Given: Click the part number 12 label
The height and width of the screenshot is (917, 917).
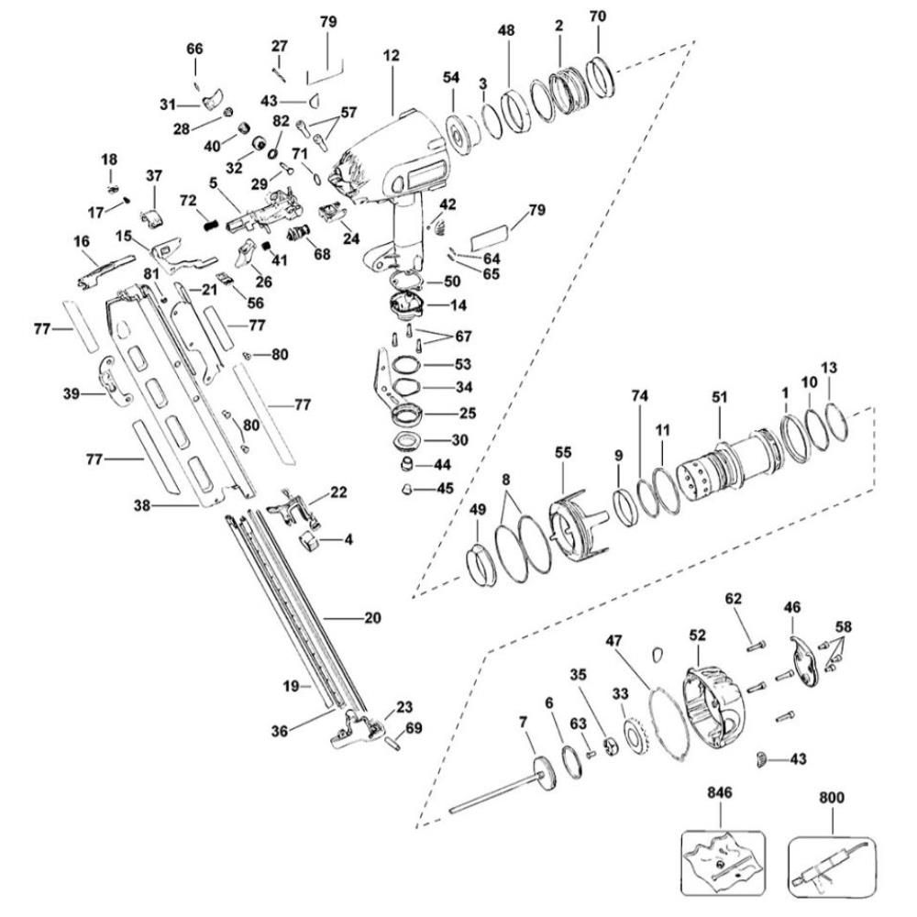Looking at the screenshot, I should pos(392,56).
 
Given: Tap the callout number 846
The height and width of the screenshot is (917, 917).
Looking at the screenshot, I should pos(721,790).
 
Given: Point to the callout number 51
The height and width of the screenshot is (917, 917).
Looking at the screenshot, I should pos(720,397).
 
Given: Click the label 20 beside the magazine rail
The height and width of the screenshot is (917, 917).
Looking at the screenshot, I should pos(372,618).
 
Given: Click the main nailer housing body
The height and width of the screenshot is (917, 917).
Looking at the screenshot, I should pos(385,165).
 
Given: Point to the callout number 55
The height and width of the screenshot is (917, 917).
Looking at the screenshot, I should pos(563,452).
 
